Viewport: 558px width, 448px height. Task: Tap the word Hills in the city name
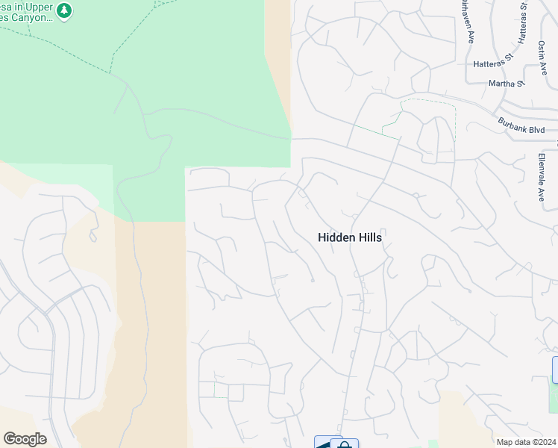tap(369, 237)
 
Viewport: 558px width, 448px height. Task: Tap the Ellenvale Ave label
tap(542, 177)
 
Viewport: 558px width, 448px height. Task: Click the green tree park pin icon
tap(65, 10)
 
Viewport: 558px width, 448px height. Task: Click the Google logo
tap(25, 439)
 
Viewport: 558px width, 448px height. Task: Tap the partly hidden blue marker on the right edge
tap(555, 370)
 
